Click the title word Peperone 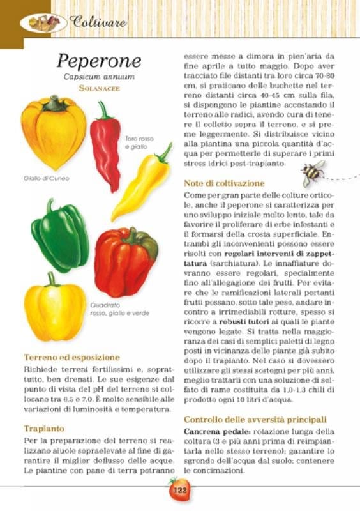coord(98,61)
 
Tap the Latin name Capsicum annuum coord(98,77)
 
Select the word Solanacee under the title coord(99,88)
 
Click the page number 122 coord(179,491)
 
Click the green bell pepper coord(59,236)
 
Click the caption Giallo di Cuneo coord(46,178)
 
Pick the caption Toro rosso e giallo coord(139,143)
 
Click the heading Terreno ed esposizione coord(71,358)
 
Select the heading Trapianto coord(45,429)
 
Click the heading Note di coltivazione coord(224,183)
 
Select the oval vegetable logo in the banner coord(43,23)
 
